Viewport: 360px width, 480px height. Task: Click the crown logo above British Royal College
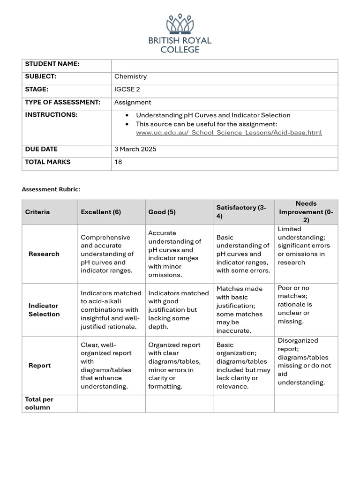180,24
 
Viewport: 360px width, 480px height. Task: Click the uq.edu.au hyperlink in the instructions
229,133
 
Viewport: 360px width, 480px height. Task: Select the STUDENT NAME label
52,64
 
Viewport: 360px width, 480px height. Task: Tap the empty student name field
224,66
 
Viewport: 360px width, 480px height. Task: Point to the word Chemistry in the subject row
130,76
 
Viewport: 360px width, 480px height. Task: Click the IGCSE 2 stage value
127,89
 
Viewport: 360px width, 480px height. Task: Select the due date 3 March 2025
135,149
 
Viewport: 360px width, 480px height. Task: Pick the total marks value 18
118,162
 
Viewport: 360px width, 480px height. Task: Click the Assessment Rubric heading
51,189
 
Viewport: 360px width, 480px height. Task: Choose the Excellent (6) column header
101,212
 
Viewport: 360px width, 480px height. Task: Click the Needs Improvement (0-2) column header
306,212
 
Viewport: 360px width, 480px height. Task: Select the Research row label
44,254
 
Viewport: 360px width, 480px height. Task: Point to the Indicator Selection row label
44,310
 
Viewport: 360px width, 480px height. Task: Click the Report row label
40,365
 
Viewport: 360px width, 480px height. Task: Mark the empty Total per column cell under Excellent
111,404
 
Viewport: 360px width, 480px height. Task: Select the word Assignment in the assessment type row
133,102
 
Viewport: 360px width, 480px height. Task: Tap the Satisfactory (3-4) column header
241,212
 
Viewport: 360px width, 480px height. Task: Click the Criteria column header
37,212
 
